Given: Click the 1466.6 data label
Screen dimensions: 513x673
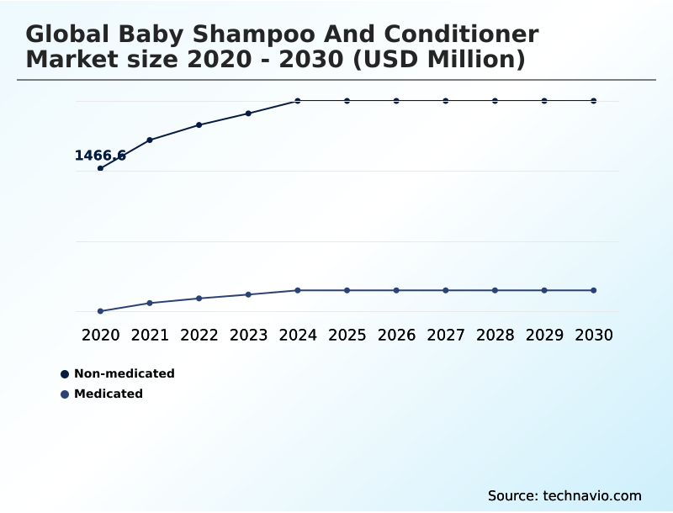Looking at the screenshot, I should pos(100,156).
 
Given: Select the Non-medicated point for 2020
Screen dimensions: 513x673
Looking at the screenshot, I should pos(100,168).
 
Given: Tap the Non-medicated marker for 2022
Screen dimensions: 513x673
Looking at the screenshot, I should pos(199,124).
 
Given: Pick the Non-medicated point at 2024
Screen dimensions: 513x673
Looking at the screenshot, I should pos(298,101).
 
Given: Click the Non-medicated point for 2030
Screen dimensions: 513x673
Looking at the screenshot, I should pos(594,101).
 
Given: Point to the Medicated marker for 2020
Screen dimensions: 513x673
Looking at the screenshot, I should pos(100,311).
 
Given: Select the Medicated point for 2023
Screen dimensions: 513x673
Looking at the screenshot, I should pos(248,294).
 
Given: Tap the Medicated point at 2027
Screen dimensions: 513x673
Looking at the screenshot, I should pos(446,290).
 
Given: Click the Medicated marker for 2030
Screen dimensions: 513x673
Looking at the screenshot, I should pos(594,290).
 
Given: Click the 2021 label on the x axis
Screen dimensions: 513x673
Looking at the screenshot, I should pos(150,335).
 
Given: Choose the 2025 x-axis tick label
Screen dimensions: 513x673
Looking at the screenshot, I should pos(347,335).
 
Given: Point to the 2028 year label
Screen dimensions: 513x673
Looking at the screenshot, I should pos(495,335).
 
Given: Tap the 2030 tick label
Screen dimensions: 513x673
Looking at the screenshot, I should pos(594,335).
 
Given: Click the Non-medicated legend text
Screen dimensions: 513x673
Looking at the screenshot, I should pos(124,373).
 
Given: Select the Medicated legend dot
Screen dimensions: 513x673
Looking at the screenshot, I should pos(65,394).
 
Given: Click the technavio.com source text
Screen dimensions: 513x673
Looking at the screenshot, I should pos(592,495).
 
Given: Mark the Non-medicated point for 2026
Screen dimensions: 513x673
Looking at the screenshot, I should pos(396,101).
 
